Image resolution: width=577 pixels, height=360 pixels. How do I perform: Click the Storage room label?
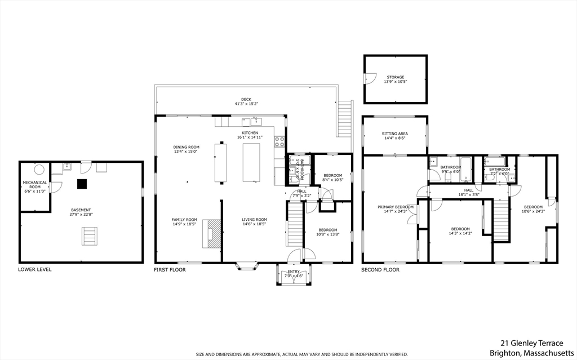tap(395, 77)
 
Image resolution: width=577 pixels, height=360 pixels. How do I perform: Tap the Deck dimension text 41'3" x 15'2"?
tap(246, 104)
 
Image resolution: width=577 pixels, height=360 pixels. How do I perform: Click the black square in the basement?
tap(82, 184)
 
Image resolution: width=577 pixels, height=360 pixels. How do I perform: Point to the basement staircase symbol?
tap(90, 236)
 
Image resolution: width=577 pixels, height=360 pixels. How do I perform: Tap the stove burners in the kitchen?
tap(279, 142)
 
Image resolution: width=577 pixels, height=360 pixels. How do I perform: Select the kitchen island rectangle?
tap(251, 162)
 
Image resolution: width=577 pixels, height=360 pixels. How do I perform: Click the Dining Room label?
tap(186, 147)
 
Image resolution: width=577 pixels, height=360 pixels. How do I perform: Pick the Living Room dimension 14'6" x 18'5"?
tap(254, 224)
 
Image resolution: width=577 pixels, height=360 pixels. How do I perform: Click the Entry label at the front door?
tap(294, 272)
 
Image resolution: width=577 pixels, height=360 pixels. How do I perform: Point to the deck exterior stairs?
tap(345, 118)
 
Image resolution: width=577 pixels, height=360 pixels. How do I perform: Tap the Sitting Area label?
tap(395, 134)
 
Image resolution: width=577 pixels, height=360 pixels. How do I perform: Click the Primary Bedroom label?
tap(396, 207)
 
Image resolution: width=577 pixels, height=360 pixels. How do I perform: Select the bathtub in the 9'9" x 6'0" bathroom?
tap(466, 170)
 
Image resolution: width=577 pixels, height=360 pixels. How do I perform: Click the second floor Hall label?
tap(469, 190)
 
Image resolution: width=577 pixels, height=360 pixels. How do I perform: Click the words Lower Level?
tap(35, 269)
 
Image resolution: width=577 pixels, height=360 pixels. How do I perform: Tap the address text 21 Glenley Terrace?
tap(532, 343)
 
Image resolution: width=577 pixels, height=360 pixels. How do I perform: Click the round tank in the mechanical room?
tap(39, 170)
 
